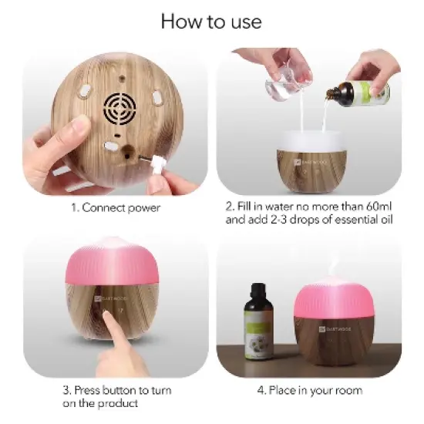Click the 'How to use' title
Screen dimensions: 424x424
211,21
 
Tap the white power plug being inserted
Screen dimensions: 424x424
159,163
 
